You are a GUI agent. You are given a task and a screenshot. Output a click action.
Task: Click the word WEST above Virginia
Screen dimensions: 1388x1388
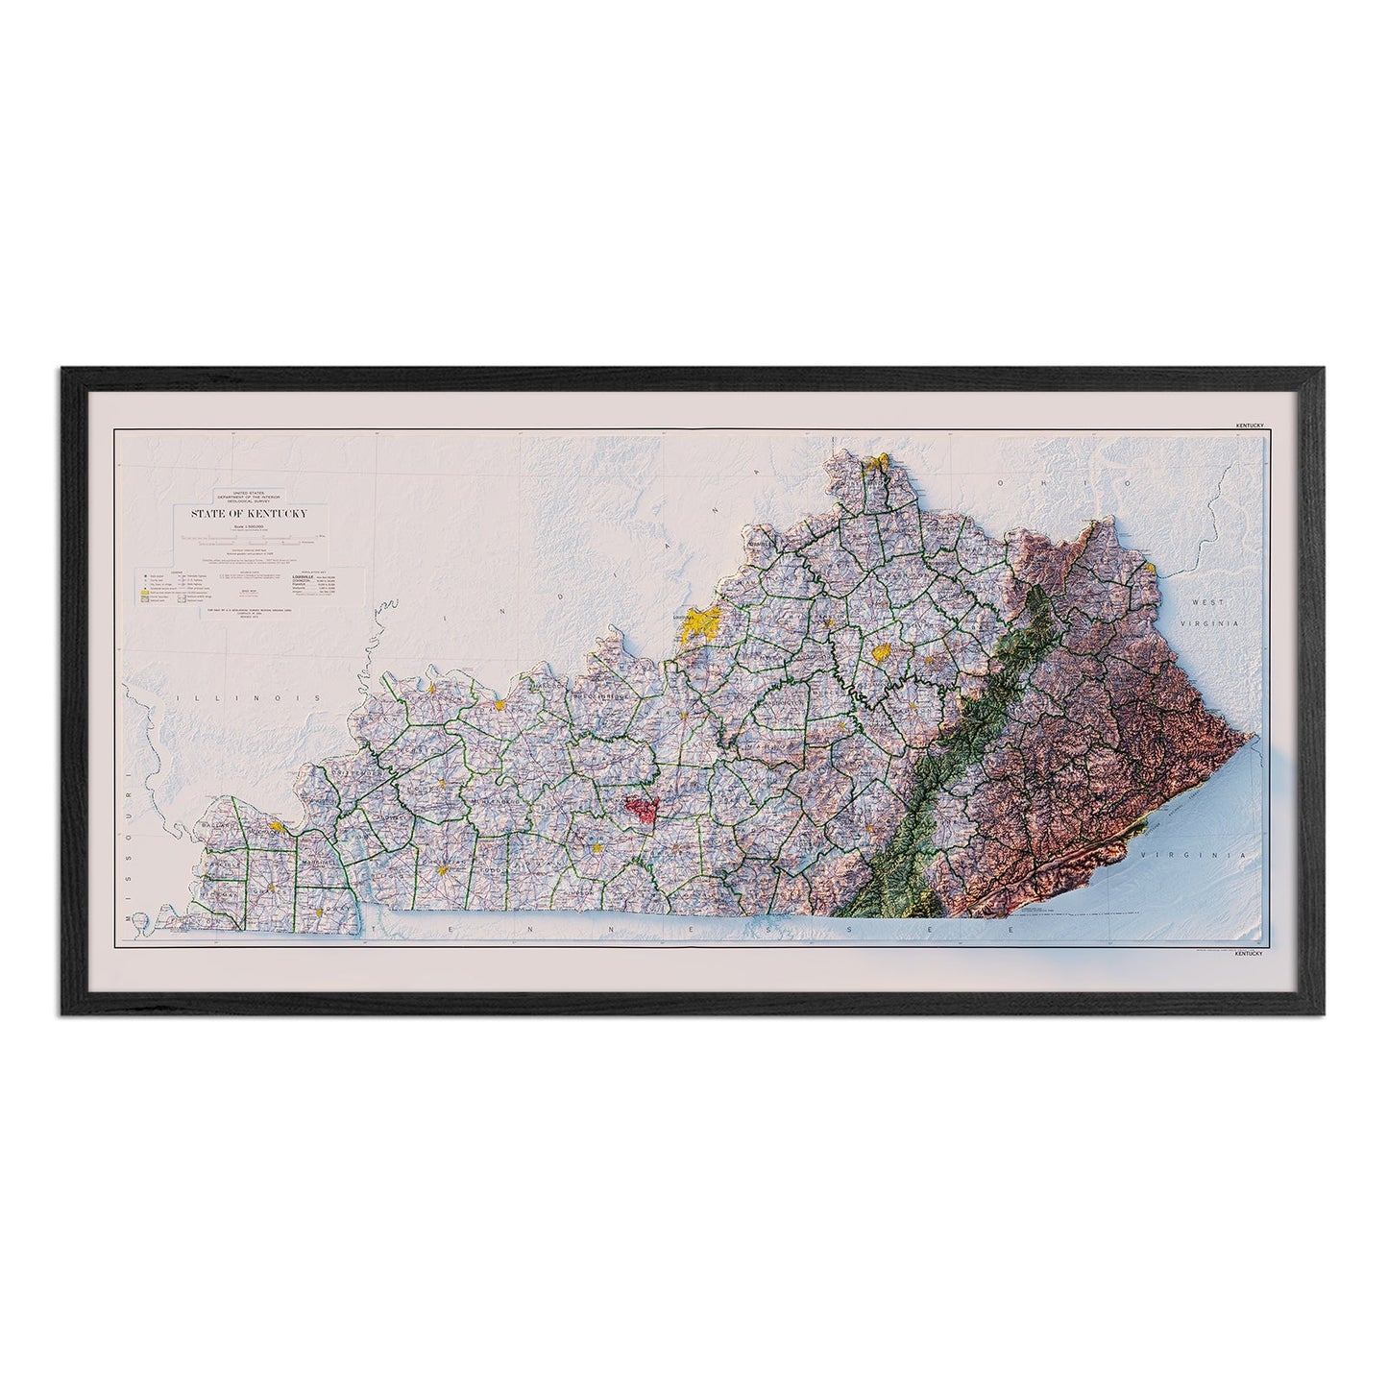coord(1209,601)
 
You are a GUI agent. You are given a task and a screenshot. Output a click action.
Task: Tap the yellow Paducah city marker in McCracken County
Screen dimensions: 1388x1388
coord(278,825)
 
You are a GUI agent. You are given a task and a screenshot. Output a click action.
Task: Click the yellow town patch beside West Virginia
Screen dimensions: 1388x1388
coord(1150,569)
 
